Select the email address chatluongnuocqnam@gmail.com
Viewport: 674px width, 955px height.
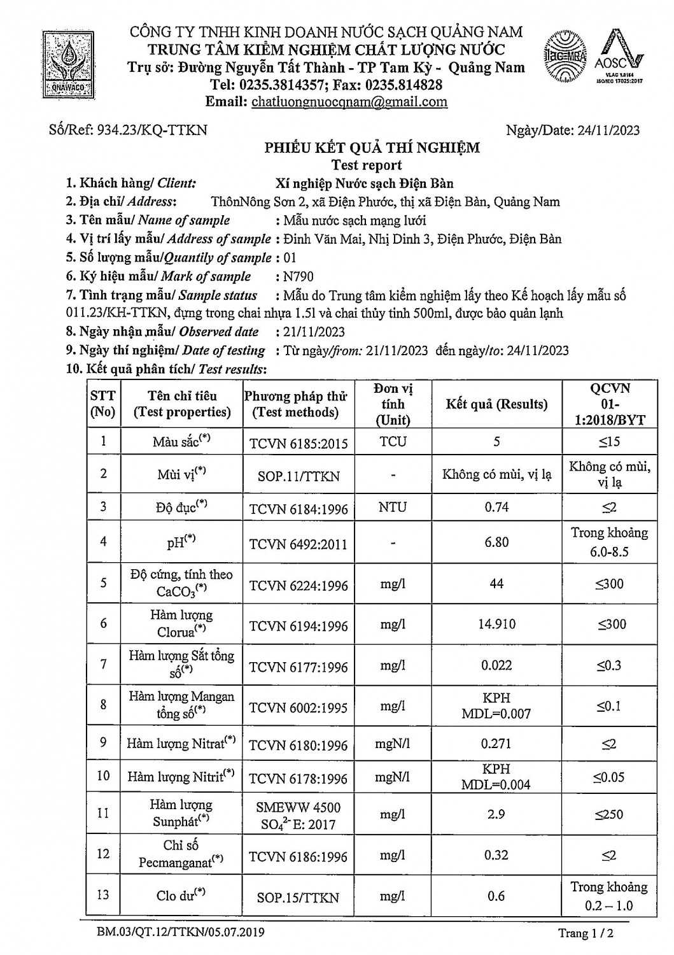point(349,102)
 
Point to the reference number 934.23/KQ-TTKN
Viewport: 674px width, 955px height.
point(153,130)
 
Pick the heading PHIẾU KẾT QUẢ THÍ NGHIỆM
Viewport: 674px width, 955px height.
point(372,148)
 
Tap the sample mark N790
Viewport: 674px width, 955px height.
point(296,276)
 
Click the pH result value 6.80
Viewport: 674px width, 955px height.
point(496,542)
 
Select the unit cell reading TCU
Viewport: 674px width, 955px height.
point(393,442)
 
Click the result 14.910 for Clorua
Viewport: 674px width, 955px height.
point(496,625)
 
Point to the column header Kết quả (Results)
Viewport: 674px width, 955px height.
point(496,404)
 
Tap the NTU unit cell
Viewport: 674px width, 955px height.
point(393,507)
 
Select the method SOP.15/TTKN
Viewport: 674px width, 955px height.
point(298,898)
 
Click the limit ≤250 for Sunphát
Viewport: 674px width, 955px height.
point(609,814)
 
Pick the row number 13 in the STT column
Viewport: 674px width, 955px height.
point(103,895)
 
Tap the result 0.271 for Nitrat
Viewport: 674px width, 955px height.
point(496,744)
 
